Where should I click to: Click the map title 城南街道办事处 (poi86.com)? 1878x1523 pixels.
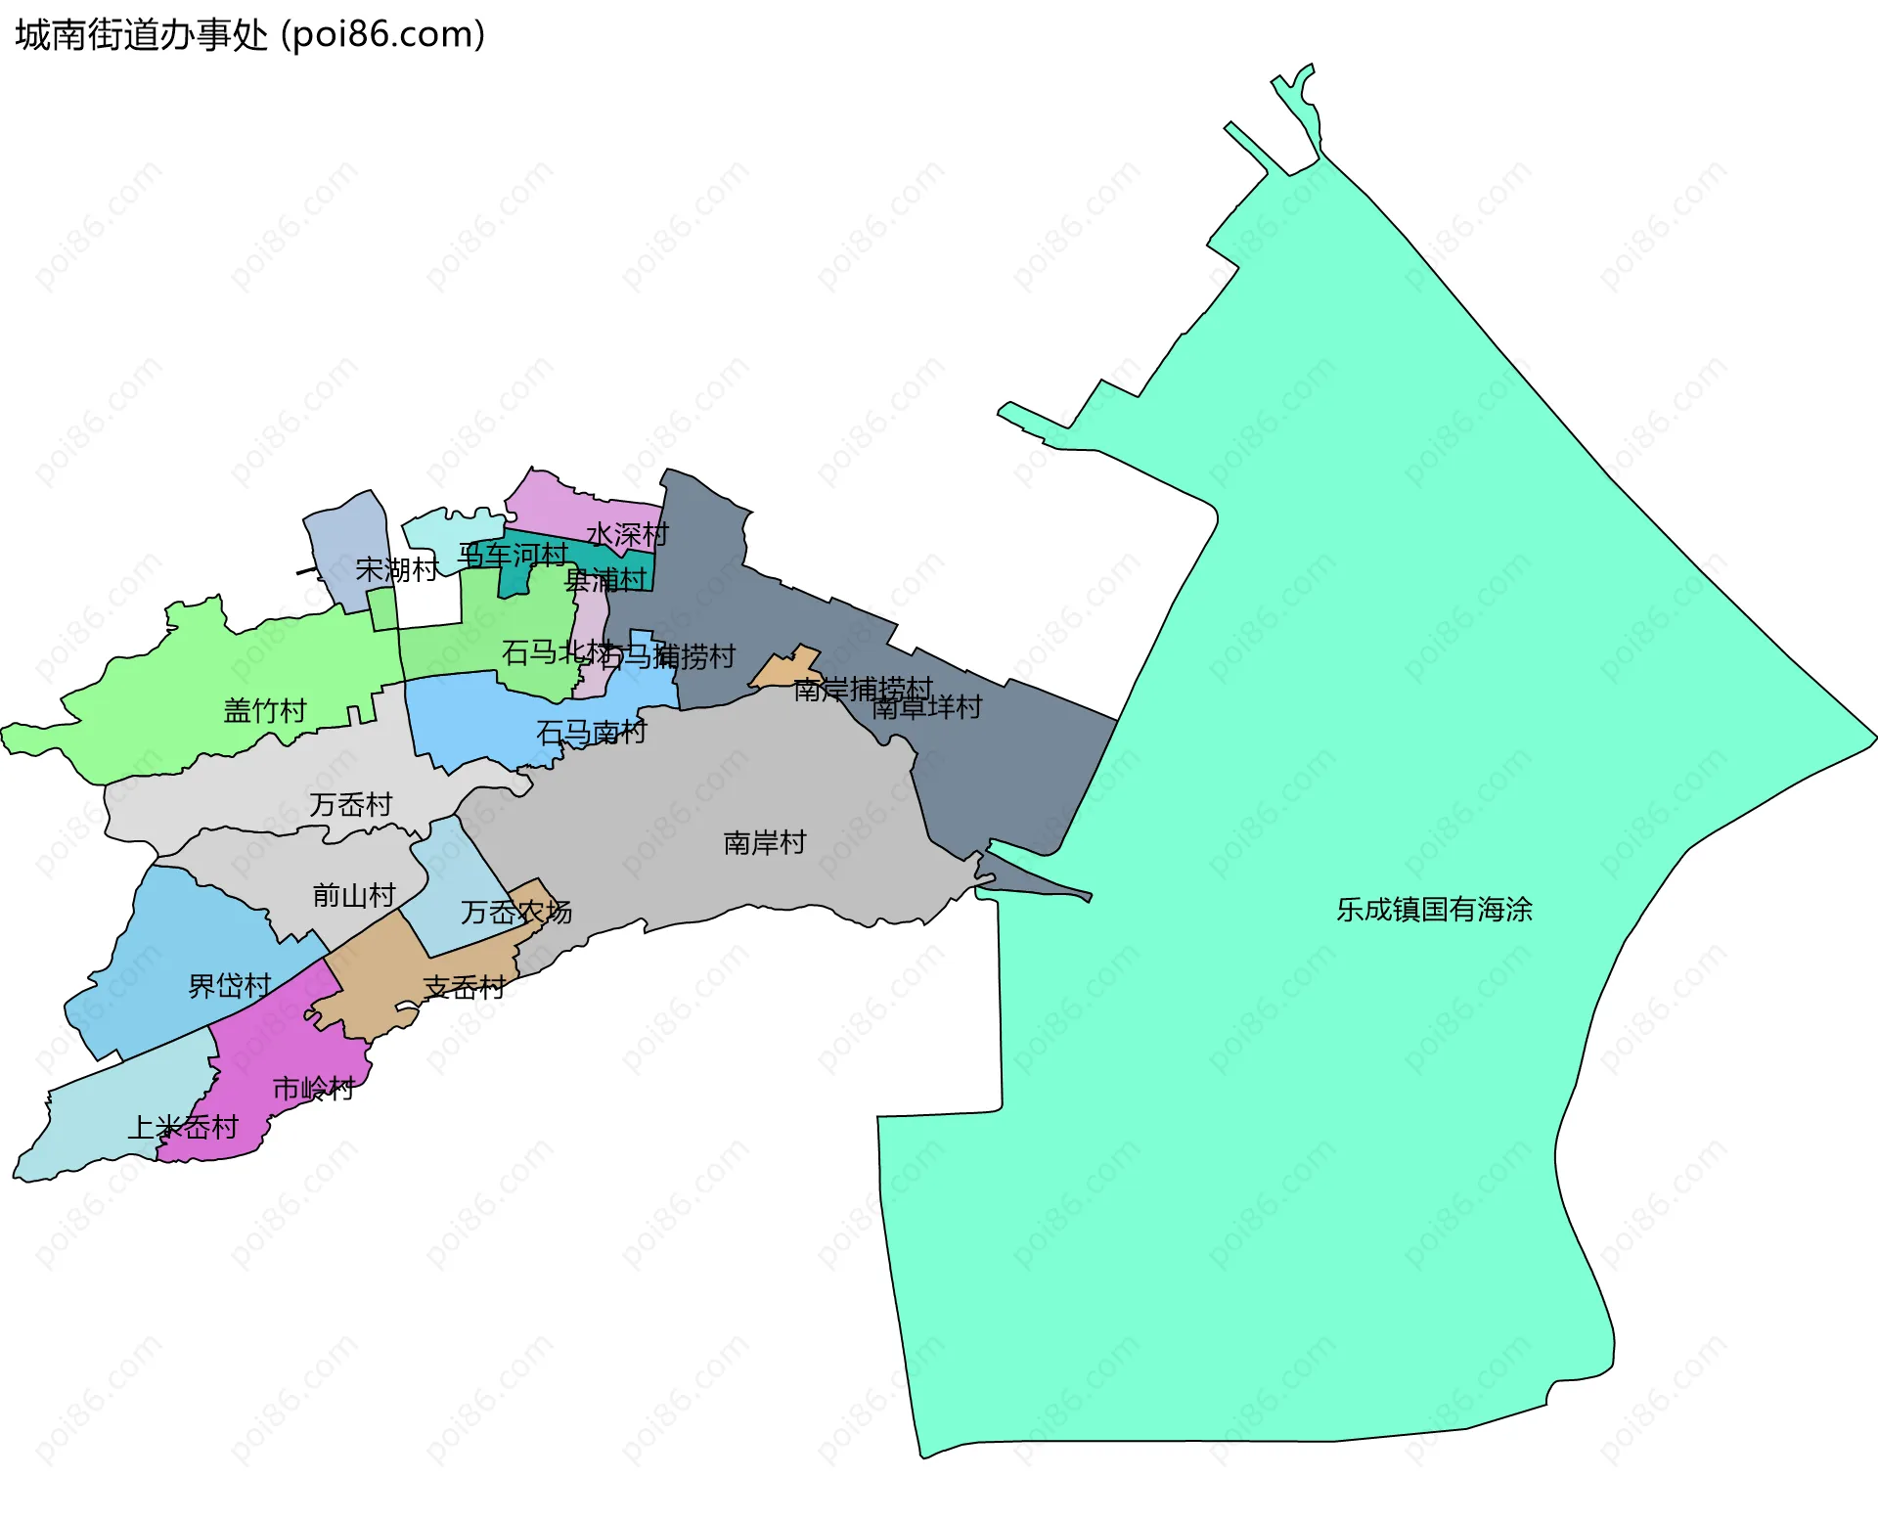(250, 35)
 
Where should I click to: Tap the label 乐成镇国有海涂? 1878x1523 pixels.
(1434, 910)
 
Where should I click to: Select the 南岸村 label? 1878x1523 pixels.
(765, 843)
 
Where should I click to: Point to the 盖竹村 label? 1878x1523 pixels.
(265, 711)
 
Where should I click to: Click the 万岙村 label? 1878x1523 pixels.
(351, 805)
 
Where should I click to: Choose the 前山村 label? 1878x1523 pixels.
(354, 895)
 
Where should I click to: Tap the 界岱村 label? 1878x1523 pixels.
(230, 986)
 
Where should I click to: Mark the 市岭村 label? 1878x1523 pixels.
(313, 1089)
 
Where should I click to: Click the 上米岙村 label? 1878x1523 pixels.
(183, 1128)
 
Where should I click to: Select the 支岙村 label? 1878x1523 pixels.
(465, 988)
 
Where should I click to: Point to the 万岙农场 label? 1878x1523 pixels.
(516, 913)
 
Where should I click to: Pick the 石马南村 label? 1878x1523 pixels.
(592, 733)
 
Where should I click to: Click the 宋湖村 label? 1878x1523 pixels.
(397, 569)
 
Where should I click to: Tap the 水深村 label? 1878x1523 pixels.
(627, 535)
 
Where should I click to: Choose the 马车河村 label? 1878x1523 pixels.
(514, 556)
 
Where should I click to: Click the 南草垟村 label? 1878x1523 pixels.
(927, 707)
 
